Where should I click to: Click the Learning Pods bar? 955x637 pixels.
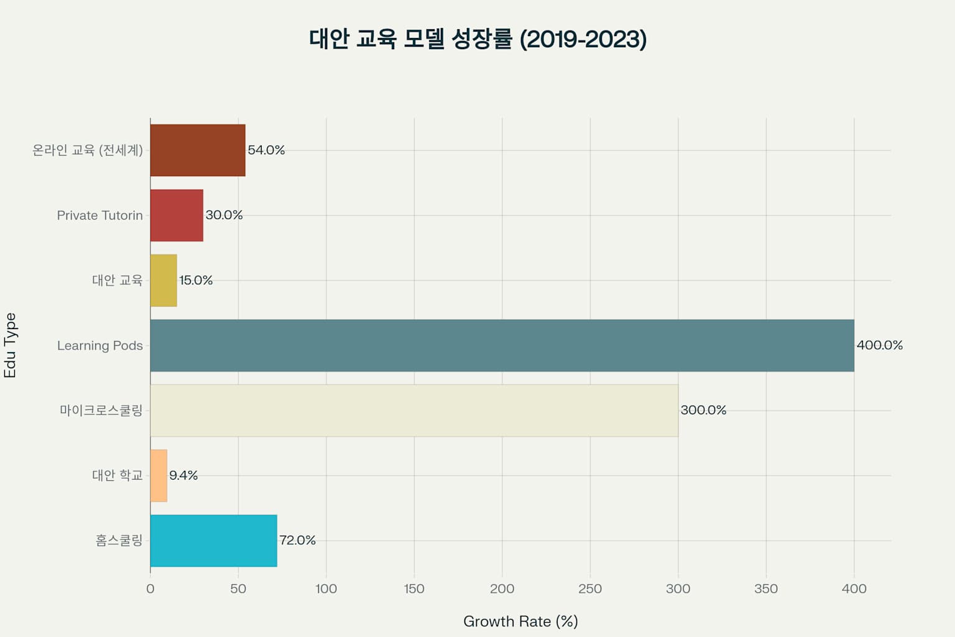click(x=502, y=345)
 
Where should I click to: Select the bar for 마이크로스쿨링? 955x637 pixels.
click(x=414, y=411)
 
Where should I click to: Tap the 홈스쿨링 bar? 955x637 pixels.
click(x=213, y=541)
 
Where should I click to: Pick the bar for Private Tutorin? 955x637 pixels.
click(x=177, y=215)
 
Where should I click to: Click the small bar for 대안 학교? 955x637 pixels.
click(x=159, y=475)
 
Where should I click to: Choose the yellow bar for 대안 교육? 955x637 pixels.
click(x=164, y=281)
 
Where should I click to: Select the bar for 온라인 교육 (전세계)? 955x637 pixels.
click(x=198, y=150)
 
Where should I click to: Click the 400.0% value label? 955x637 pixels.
click(x=879, y=345)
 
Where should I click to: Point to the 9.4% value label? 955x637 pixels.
click(x=183, y=475)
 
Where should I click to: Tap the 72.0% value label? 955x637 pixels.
click(x=297, y=540)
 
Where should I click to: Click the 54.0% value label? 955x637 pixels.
click(x=266, y=150)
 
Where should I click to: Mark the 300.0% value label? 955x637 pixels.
click(x=703, y=410)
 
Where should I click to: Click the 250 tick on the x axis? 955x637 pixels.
click(x=590, y=588)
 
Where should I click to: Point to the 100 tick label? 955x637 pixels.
click(x=326, y=588)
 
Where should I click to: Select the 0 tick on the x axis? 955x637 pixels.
click(x=150, y=588)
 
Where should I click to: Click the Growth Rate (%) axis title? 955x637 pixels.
click(x=520, y=621)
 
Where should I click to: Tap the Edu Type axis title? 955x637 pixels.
click(x=10, y=345)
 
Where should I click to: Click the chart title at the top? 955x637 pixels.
click(x=477, y=39)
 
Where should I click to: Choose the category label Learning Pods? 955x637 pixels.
click(x=100, y=345)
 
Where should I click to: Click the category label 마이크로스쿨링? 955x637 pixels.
click(x=101, y=411)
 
